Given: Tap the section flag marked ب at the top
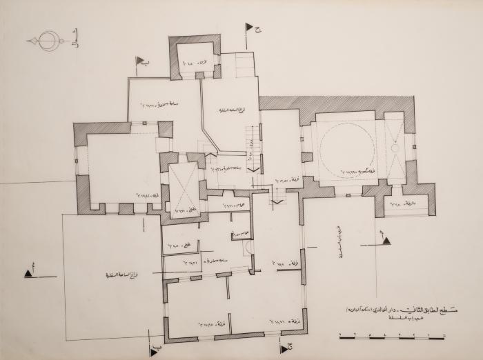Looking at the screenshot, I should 140,61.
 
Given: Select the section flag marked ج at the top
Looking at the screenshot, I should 248,28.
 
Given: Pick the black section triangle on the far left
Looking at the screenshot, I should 29,274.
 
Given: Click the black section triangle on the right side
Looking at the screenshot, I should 386,241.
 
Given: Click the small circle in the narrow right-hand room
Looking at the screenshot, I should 394,148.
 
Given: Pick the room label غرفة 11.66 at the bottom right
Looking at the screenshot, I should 283,321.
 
